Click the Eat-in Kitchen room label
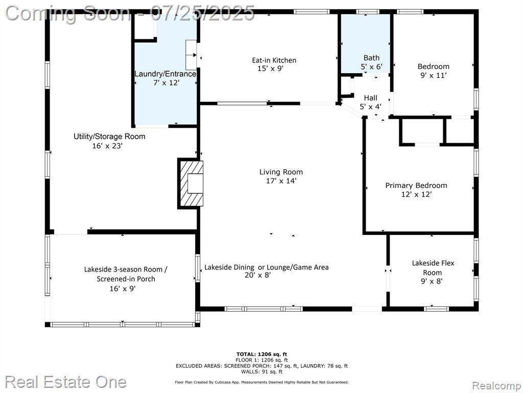[x=274, y=60]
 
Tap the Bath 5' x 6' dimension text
[x=371, y=67]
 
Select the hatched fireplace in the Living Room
[x=191, y=184]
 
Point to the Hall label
[x=371, y=98]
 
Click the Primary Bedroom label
[x=416, y=185]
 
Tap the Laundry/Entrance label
[x=165, y=74]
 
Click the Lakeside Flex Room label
[x=433, y=268]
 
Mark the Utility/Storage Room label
[x=109, y=136]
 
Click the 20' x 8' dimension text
[x=257, y=275]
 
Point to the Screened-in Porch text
[x=126, y=279]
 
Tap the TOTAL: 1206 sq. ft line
[x=261, y=354]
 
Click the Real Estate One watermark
[x=66, y=382]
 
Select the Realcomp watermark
[x=496, y=386]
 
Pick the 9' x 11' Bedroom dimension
[x=433, y=76]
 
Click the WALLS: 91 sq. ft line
[x=261, y=372]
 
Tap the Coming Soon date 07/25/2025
[x=202, y=13]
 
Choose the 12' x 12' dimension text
[x=416, y=194]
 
